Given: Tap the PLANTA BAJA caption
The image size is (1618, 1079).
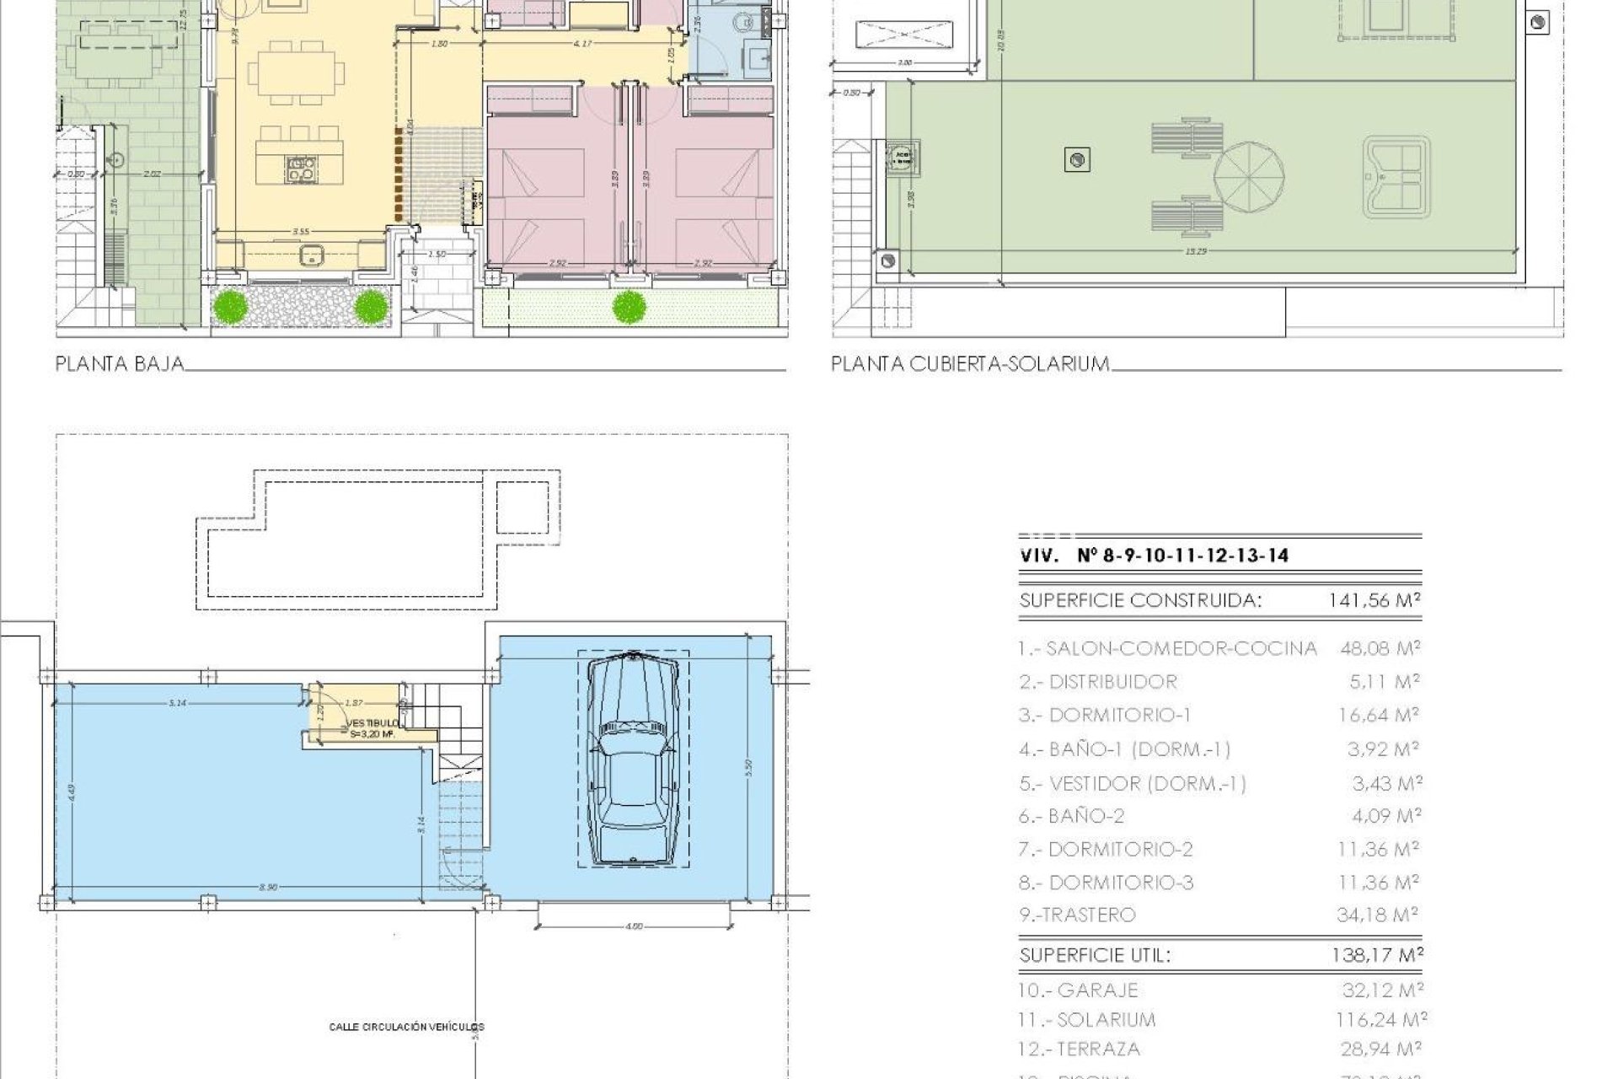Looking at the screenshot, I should (x=119, y=364).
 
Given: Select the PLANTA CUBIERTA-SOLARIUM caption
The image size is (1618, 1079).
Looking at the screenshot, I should (x=970, y=364).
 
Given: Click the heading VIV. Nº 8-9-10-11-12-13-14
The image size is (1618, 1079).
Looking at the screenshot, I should (x=1154, y=556).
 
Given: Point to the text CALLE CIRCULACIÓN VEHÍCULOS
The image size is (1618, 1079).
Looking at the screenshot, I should (x=406, y=1027).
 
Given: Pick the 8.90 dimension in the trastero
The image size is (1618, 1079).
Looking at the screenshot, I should (x=268, y=888).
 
